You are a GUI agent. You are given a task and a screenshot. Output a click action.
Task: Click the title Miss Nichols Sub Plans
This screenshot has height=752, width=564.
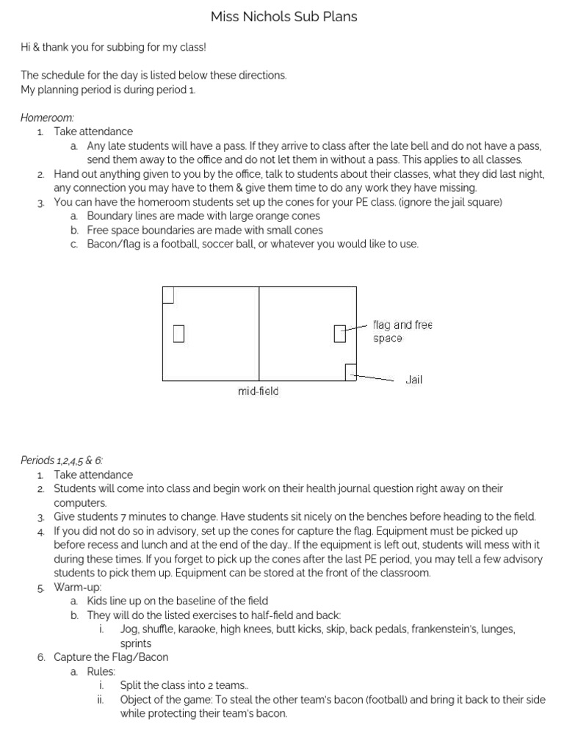click(283, 16)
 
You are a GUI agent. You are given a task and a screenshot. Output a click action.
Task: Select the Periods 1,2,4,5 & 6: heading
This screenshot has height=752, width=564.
click(62, 460)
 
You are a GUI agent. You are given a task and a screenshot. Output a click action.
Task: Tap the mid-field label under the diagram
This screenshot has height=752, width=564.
click(258, 391)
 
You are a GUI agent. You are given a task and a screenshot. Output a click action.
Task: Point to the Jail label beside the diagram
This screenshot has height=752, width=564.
click(413, 380)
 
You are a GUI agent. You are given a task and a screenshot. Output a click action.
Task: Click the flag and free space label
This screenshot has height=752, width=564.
click(402, 331)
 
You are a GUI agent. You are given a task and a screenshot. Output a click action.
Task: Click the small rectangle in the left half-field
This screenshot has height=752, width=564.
click(178, 333)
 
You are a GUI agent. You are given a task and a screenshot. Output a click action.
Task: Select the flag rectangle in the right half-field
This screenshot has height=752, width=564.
click(339, 333)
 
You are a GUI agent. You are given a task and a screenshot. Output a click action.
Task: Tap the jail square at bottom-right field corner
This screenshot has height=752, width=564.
click(351, 372)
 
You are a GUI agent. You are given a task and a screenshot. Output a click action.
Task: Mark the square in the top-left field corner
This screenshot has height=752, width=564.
click(167, 294)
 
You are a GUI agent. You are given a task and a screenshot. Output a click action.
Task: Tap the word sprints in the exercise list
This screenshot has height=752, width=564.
click(137, 643)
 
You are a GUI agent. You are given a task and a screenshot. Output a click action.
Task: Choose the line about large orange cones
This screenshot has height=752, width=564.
click(203, 216)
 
